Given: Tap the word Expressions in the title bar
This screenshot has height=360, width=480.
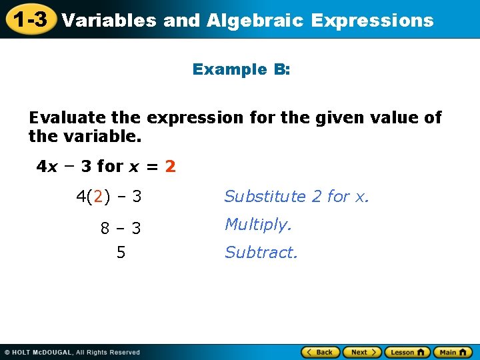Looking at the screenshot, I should [372, 21].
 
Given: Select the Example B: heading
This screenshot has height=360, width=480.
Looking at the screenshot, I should [241, 69].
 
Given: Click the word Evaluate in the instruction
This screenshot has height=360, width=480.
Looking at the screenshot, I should [67, 118].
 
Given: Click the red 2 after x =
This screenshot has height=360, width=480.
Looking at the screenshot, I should [171, 166].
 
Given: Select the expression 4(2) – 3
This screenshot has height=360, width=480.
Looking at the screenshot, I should [109, 197].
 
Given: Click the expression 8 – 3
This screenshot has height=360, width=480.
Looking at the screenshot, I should [121, 229].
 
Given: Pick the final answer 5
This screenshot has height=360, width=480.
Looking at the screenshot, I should [121, 253].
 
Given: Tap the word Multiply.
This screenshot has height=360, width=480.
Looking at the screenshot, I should [258, 225].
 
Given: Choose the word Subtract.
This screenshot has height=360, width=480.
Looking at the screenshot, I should [261, 253].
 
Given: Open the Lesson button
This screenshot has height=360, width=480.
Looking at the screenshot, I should [406, 352].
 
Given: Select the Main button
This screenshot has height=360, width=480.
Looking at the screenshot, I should [452, 352].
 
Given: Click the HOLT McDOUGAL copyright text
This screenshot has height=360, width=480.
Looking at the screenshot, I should [72, 352].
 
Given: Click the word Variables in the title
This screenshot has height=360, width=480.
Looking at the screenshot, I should [109, 21].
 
